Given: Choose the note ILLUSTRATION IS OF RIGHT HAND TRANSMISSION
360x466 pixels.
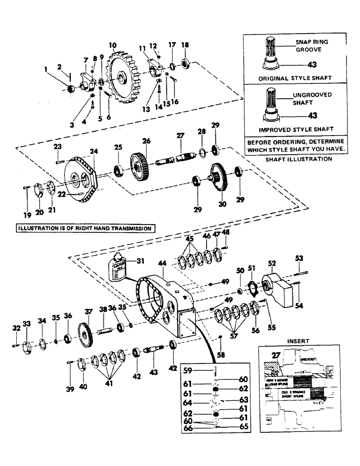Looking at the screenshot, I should (x=85, y=228).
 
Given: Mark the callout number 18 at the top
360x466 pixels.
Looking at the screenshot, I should (x=185, y=45).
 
